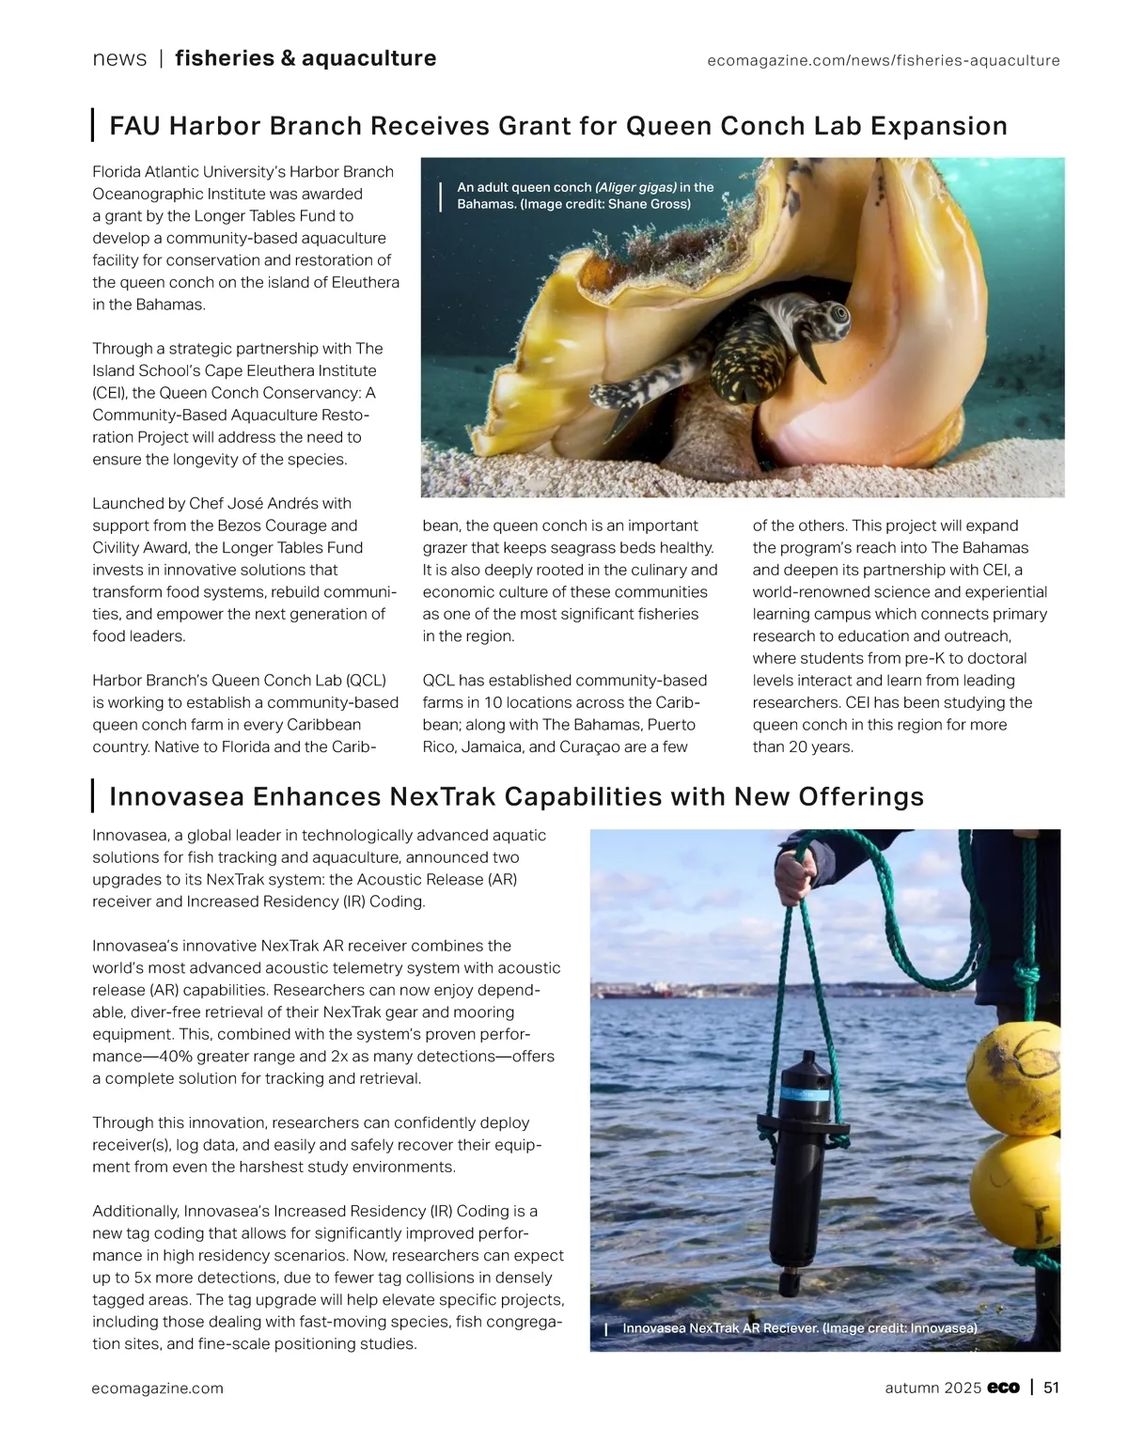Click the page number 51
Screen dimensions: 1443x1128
pos(1051,1388)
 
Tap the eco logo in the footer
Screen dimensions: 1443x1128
pos(1003,1388)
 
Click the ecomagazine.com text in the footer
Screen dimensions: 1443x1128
pos(158,1388)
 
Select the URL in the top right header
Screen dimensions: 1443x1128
pos(883,60)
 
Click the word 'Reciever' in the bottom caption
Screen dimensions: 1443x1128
pos(786,1328)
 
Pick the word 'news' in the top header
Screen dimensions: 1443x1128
pos(119,58)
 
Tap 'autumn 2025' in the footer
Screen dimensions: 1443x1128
pos(933,1388)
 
